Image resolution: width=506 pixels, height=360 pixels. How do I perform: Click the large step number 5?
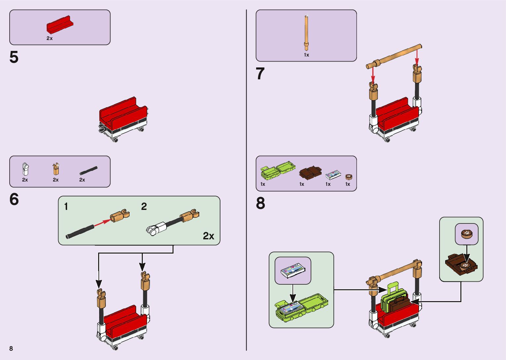point(14,58)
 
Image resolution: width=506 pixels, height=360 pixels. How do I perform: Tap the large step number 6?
point(14,199)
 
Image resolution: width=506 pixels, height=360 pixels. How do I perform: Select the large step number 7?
point(260,74)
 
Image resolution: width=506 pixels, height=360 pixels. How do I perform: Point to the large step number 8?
point(260,203)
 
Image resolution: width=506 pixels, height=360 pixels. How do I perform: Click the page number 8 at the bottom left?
point(11,348)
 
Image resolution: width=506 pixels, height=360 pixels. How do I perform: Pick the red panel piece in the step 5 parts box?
point(60,25)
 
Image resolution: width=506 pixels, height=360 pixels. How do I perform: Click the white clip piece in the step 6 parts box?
point(25,169)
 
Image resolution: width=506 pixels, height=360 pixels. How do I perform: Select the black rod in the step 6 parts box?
point(89,171)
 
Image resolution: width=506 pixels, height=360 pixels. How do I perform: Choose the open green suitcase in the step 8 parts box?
point(277,170)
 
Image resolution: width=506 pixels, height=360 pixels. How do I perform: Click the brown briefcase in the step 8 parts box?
point(310,173)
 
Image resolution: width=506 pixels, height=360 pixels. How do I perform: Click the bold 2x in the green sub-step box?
point(209,236)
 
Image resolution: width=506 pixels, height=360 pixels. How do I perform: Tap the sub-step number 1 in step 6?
point(66,207)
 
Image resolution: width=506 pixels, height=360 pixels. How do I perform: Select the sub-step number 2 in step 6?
point(144,207)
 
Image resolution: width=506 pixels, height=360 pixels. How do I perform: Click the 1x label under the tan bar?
point(306,55)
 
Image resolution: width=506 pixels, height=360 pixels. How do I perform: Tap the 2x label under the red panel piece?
point(50,38)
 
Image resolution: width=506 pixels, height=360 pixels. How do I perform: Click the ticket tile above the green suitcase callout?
point(293,270)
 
